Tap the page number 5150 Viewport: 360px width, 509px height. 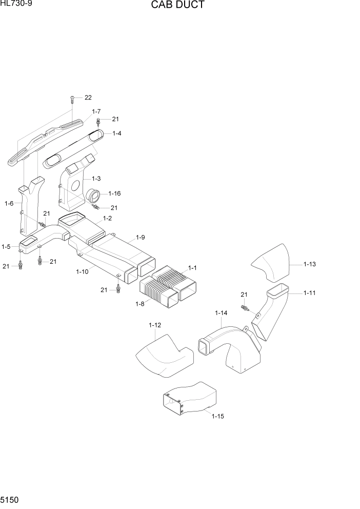[10, 499]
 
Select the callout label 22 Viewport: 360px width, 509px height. [88, 97]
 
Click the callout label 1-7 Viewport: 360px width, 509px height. [96, 111]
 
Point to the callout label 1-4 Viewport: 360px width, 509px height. [116, 133]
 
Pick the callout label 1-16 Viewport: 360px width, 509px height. [114, 193]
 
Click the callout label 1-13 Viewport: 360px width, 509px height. [309, 264]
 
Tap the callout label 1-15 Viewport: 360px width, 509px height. [217, 416]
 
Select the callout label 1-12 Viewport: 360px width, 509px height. [155, 325]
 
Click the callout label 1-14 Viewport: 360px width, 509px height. [221, 312]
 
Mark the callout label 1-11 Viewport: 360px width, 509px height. [309, 293]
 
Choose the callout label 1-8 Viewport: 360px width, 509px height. [139, 303]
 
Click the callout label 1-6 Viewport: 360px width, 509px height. [9, 204]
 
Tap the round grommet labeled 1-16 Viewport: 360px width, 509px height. [95, 195]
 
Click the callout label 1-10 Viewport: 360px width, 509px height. [82, 272]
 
